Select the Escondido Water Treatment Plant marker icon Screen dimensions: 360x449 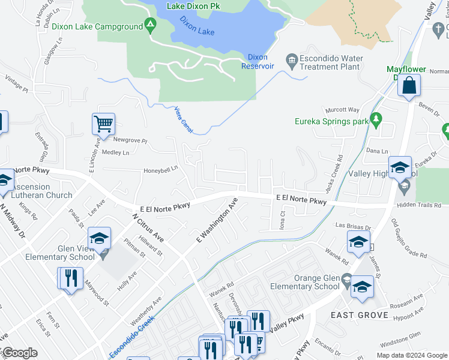pyautogui.click(x=292, y=58)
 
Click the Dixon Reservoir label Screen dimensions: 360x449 pyautogui.click(x=257, y=61)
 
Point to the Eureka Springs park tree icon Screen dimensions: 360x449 pyautogui.click(x=376, y=118)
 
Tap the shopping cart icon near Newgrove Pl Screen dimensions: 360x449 pyautogui.click(x=103, y=124)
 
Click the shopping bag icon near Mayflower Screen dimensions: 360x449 pyautogui.click(x=409, y=86)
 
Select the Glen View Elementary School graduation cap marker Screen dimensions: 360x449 pyautogui.click(x=100, y=239)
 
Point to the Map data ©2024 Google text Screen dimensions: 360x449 pyautogui.click(x=411, y=355)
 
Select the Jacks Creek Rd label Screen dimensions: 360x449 pyautogui.click(x=334, y=175)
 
